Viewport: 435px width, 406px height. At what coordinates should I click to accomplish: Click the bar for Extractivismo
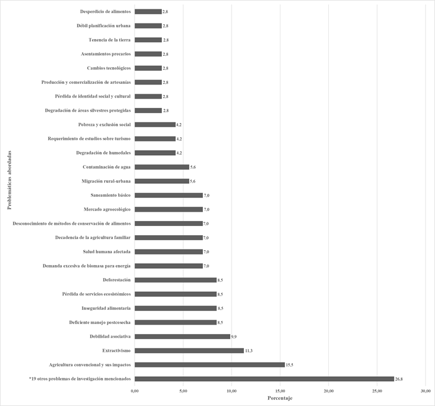click(189, 350)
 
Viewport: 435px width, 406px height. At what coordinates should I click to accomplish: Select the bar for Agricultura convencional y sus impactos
click(210, 364)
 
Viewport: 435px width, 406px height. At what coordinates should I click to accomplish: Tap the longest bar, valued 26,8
click(264, 379)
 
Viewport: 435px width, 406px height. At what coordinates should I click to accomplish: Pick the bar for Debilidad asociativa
click(182, 336)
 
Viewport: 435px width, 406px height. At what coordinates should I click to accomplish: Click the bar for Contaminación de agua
click(162, 167)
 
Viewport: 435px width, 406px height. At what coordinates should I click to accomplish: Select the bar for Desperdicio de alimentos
click(148, 12)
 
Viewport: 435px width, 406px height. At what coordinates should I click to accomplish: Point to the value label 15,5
click(289, 365)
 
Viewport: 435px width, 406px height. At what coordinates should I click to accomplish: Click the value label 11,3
click(248, 351)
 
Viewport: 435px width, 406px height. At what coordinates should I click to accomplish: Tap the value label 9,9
click(234, 336)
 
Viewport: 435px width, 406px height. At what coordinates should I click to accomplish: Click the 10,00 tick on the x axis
click(231, 390)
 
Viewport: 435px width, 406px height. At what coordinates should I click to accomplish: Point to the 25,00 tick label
click(377, 390)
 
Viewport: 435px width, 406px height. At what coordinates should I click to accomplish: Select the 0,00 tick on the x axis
click(135, 390)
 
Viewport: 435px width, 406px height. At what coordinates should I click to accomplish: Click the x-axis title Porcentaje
click(280, 398)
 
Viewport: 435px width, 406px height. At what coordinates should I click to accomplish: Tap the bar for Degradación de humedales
click(155, 153)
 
